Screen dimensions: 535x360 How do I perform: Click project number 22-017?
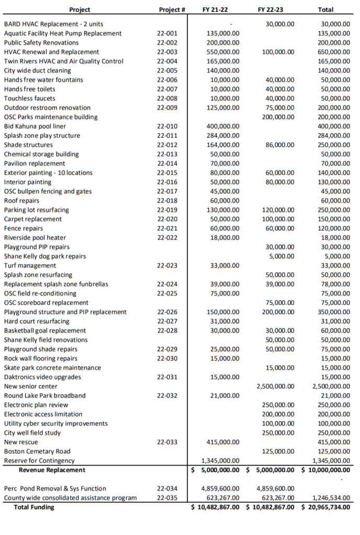(x=167, y=191)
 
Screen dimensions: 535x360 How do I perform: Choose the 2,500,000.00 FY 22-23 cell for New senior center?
(x=275, y=386)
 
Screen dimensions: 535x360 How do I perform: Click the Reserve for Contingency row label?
(x=39, y=461)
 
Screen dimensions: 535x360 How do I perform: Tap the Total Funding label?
(x=34, y=507)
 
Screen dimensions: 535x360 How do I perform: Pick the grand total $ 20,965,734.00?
(x=327, y=507)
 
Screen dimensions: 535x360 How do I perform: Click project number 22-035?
(x=167, y=498)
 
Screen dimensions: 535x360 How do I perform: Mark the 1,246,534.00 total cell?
(x=330, y=498)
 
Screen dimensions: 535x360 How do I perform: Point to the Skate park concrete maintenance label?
(x=52, y=368)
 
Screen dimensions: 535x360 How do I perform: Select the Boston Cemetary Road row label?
(x=37, y=451)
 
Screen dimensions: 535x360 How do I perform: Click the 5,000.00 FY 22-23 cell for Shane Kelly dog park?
(x=283, y=256)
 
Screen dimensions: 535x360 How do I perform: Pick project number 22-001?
(x=167, y=33)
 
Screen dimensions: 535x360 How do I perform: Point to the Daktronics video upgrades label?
(x=42, y=377)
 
